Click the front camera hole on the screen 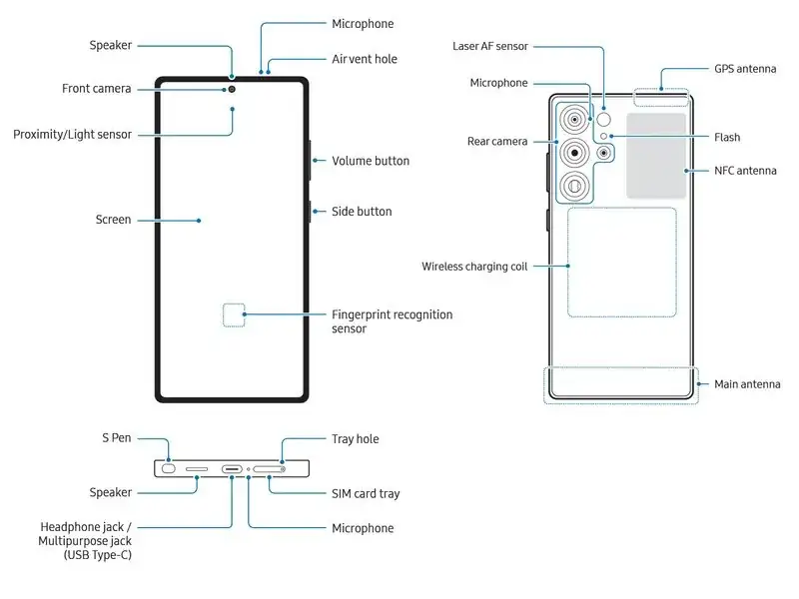[232, 89]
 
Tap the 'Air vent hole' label [364, 59]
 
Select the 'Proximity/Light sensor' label [72, 134]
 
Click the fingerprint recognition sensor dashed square [232, 315]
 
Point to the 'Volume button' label [371, 161]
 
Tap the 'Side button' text [362, 212]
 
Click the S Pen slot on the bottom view [169, 468]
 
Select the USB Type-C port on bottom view [232, 468]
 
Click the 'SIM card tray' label [366, 493]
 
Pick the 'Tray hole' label [355, 439]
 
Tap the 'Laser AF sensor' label [489, 46]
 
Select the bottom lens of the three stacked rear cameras [574, 186]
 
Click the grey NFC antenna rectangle [656, 155]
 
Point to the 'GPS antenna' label [745, 70]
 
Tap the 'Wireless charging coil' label [473, 267]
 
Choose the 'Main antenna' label [747, 384]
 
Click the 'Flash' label [727, 137]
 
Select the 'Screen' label [113, 220]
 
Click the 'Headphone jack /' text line [85, 526]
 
